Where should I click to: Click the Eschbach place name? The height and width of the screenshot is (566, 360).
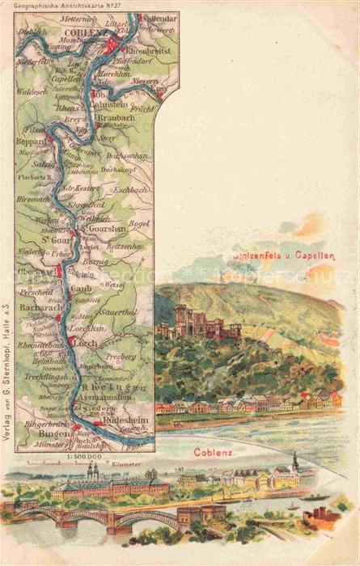[x=129, y=190]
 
